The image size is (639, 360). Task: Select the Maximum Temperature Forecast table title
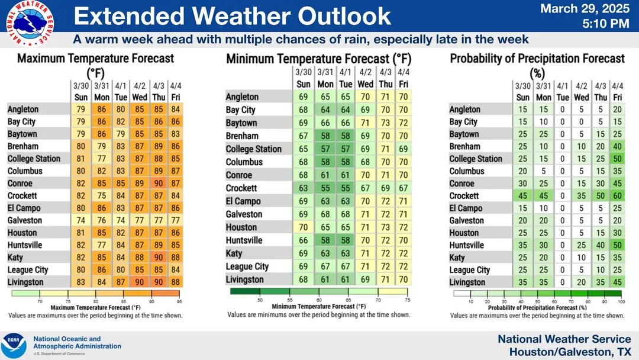(x=96, y=65)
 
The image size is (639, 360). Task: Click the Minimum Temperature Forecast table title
(x=318, y=59)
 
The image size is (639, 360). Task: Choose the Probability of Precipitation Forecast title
(x=537, y=65)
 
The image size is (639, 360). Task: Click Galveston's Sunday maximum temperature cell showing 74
(x=81, y=220)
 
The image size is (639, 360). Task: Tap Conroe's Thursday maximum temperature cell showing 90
(x=159, y=184)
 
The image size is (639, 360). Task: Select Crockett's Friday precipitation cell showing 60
(x=618, y=196)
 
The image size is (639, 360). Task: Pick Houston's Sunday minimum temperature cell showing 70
(x=304, y=227)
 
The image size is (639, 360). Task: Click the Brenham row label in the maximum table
(x=23, y=146)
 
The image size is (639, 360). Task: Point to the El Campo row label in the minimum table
(x=243, y=201)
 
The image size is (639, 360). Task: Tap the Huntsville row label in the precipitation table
(x=467, y=245)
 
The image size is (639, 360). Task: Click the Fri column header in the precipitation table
(x=618, y=97)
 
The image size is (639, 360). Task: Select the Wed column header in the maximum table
(x=140, y=97)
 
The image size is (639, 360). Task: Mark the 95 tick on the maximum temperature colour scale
(x=178, y=301)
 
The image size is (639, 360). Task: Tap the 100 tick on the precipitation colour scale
(x=621, y=301)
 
